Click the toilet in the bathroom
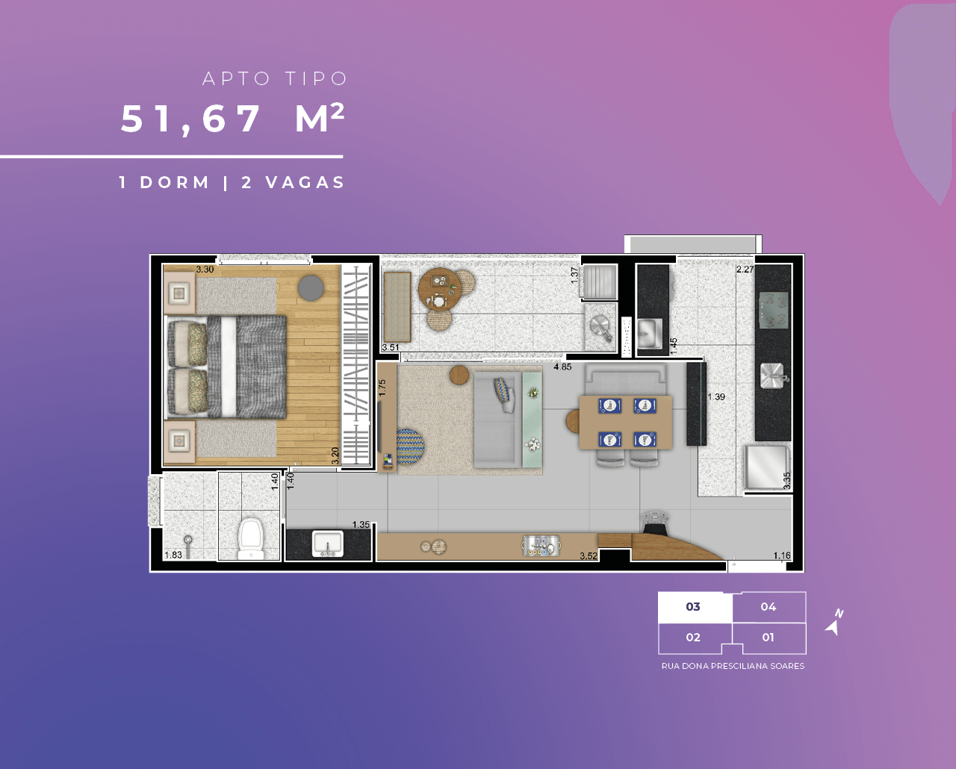[x=251, y=539]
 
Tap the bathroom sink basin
[x=328, y=543]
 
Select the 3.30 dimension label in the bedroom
[x=205, y=270]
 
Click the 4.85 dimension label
[x=562, y=367]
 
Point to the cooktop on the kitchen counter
[x=774, y=310]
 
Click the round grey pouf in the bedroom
[x=311, y=288]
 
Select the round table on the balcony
[x=439, y=289]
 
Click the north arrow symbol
[x=834, y=623]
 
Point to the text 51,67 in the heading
[x=190, y=119]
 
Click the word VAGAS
[x=305, y=183]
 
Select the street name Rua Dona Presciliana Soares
[x=733, y=666]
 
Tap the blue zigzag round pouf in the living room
[x=409, y=446]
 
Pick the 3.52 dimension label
[x=589, y=555]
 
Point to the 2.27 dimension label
[x=745, y=270]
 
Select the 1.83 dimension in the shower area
[x=173, y=555]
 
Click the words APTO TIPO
[x=275, y=79]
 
